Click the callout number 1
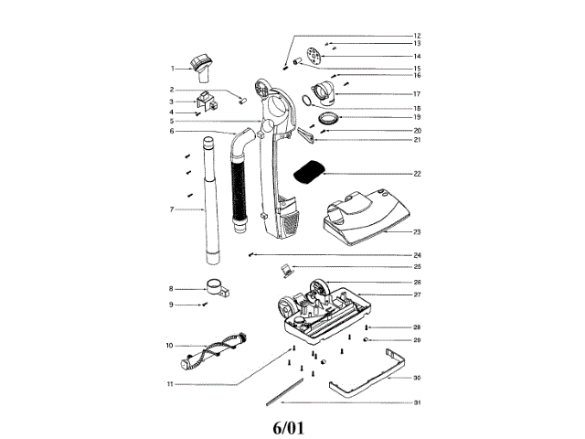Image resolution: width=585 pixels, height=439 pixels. click(x=172, y=69)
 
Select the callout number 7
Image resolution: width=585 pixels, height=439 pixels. click(x=172, y=209)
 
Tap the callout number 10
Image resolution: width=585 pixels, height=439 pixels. click(x=169, y=346)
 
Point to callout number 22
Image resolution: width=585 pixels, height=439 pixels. click(x=416, y=173)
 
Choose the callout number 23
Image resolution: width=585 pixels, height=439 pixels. click(x=416, y=232)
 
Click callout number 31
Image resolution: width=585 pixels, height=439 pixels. click(x=416, y=403)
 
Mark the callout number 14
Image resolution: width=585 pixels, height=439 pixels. click(x=416, y=56)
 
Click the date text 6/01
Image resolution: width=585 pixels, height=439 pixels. click(x=292, y=426)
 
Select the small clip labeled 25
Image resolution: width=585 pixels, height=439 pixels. click(x=286, y=269)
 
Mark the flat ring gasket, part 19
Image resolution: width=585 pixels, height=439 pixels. click(x=327, y=117)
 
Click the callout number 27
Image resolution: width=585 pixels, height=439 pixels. click(x=416, y=295)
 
